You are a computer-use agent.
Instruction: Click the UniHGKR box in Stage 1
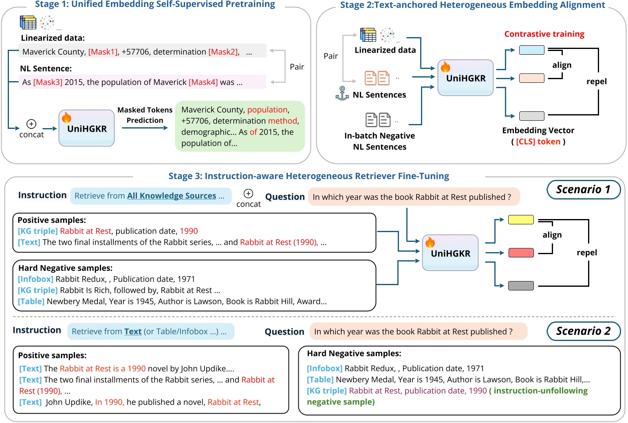click(x=86, y=128)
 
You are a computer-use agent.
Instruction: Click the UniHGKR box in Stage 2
click(x=465, y=78)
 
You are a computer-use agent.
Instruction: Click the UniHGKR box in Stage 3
click(x=450, y=253)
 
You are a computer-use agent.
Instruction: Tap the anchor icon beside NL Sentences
click(x=342, y=93)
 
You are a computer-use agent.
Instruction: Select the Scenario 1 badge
click(x=583, y=190)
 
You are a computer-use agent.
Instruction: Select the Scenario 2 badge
click(x=583, y=331)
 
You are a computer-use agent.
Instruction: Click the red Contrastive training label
click(x=544, y=34)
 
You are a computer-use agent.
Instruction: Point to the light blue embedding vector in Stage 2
click(x=531, y=50)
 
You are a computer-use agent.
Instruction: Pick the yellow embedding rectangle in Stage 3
click(x=521, y=220)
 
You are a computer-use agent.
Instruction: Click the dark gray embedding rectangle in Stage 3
click(x=521, y=286)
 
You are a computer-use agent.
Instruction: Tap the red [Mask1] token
click(x=103, y=52)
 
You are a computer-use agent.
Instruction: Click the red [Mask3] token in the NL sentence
click(x=48, y=82)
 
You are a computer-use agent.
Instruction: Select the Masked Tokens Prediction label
click(x=145, y=115)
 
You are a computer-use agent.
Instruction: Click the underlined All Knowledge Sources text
click(x=172, y=196)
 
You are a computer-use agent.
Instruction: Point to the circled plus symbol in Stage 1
click(x=31, y=124)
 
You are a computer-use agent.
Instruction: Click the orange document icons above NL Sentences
click(x=377, y=78)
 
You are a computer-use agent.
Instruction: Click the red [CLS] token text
click(x=538, y=142)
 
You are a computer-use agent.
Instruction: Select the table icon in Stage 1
click(x=28, y=22)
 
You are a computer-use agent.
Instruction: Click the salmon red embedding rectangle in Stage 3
click(x=521, y=253)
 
